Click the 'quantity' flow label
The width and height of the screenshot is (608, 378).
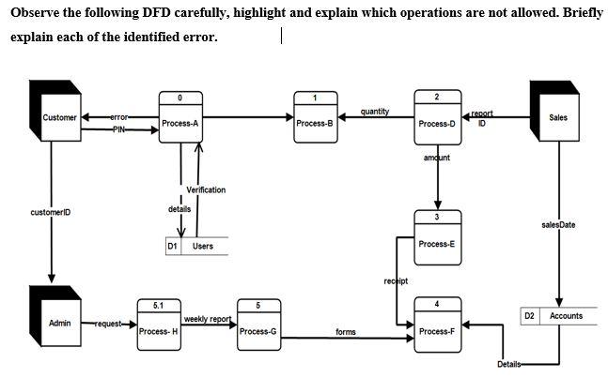pyautogui.click(x=375, y=111)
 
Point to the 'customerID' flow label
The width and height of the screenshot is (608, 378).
pyautogui.click(x=50, y=213)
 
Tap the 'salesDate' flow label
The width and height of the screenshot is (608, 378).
pyautogui.click(x=558, y=224)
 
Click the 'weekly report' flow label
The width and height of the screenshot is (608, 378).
pyautogui.click(x=207, y=319)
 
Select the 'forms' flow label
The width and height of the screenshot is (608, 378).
pyautogui.click(x=346, y=332)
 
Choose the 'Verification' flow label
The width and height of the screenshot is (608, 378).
pyautogui.click(x=206, y=189)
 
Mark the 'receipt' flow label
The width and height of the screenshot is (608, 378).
pyautogui.click(x=395, y=280)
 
